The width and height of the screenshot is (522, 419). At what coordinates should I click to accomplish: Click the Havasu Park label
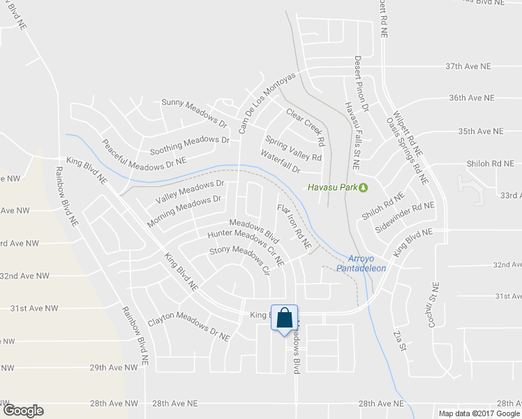tap(333, 186)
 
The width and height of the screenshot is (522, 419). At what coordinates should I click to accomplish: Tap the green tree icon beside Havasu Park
tap(363, 186)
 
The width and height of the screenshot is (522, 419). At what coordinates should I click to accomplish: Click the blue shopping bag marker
tap(285, 318)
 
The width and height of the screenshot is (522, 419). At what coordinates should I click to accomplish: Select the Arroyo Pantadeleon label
tap(361, 263)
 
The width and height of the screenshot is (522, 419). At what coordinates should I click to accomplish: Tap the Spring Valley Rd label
tap(294, 146)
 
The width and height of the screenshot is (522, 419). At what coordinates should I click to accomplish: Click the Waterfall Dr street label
tap(281, 162)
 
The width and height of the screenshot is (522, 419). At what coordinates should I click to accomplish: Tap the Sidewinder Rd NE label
tap(404, 217)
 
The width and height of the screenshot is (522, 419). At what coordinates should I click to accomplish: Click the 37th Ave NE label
tap(469, 66)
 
